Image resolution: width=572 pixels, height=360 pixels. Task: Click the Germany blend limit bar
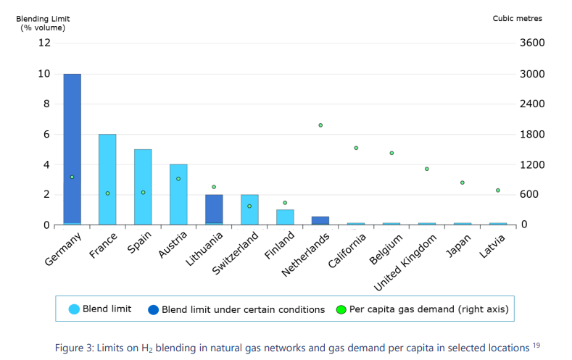[72, 148]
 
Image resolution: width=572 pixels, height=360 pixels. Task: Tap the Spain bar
[143, 186]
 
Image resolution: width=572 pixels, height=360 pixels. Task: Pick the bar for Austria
[178, 194]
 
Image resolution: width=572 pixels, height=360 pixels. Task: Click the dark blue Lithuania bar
[214, 209]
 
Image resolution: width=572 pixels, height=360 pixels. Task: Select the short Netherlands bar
[320, 220]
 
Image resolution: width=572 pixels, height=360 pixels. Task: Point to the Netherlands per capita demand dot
[320, 125]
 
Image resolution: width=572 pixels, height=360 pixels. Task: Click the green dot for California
[356, 148]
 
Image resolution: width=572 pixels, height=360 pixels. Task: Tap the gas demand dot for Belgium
[391, 154]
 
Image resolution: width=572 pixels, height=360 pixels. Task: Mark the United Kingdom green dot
[427, 169]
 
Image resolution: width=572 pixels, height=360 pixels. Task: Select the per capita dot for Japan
[463, 183]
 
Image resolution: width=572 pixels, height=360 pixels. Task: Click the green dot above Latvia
[498, 191]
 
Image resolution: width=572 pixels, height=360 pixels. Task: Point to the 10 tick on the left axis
[45, 74]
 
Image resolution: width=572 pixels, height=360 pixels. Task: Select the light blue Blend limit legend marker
[74, 309]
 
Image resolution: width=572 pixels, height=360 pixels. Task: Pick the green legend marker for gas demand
[341, 309]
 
